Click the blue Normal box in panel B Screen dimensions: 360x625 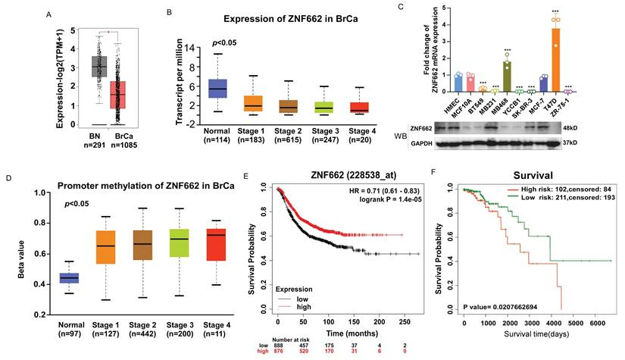[196, 89]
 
